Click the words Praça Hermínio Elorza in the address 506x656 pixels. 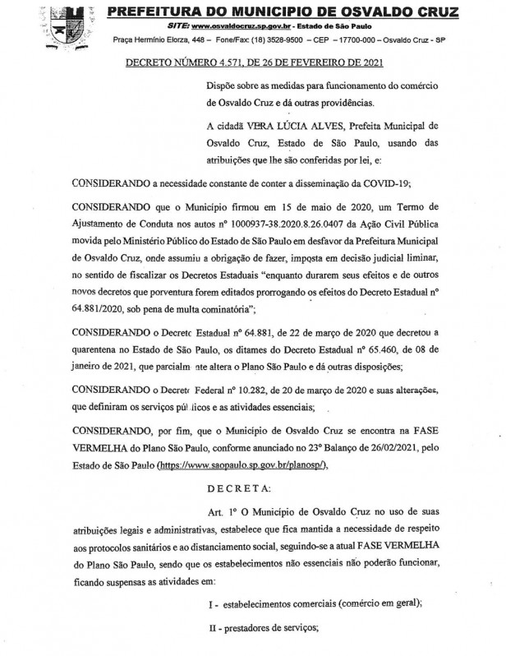(x=157, y=39)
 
